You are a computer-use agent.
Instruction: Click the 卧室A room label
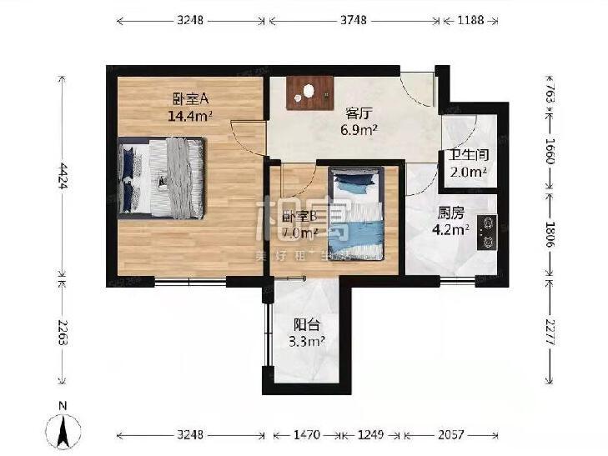191,97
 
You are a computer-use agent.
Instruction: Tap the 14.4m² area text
191,116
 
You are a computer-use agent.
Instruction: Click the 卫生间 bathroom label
468,155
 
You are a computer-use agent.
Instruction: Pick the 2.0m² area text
468,173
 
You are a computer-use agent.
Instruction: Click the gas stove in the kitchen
488,233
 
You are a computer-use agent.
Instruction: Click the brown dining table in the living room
310,93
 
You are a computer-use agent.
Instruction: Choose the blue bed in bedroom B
356,213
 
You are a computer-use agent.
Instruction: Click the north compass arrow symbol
63,428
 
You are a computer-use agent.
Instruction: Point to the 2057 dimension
452,435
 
